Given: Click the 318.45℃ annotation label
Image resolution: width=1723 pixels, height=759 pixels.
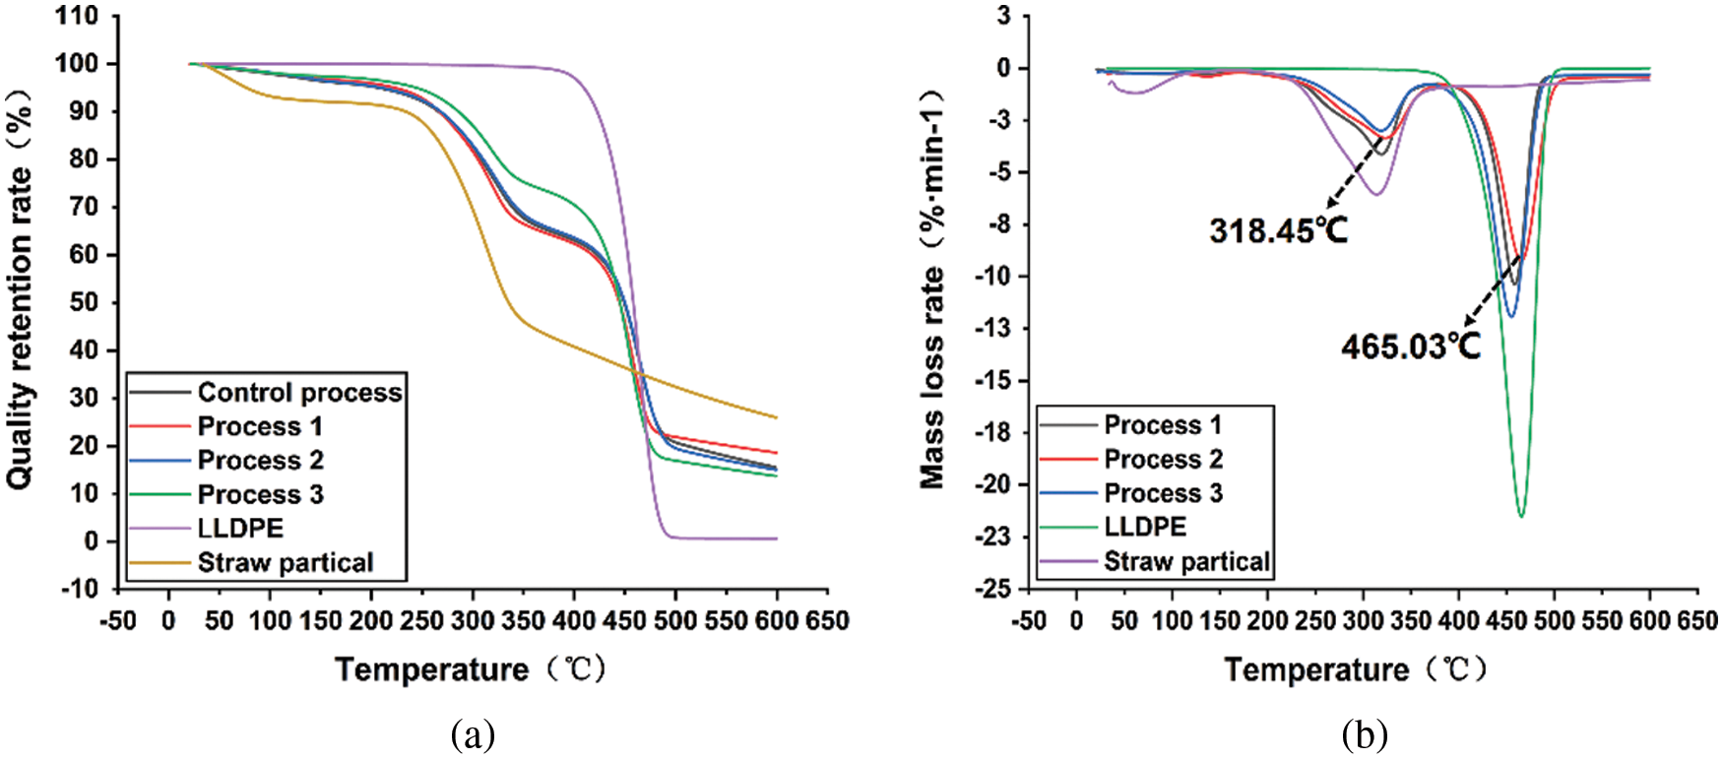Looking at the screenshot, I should click(1278, 230).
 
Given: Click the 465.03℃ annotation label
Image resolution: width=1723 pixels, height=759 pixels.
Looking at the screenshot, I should click(1410, 346).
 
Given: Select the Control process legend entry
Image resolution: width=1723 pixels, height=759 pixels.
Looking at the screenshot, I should click(299, 393).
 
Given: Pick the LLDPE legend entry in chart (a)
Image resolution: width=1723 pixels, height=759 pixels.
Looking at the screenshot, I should click(240, 529).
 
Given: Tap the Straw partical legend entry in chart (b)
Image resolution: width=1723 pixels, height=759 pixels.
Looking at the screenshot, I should click(1186, 562).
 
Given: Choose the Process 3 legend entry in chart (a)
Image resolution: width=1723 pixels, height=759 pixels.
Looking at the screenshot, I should click(260, 494).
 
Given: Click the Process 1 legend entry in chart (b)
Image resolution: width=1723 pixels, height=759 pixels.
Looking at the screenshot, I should click(1163, 425).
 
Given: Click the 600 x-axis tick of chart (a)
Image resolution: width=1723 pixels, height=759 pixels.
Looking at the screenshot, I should click(777, 621).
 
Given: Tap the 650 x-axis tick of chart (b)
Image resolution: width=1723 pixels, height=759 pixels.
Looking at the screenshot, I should click(1696, 621).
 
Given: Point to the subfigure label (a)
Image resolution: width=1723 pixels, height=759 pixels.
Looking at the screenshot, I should click(473, 734).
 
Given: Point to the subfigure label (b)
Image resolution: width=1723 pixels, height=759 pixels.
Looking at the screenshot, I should click(1365, 734).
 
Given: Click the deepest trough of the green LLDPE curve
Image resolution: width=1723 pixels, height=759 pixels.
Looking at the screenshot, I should click(1521, 516).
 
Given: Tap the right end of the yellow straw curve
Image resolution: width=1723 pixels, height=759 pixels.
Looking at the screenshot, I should click(777, 417).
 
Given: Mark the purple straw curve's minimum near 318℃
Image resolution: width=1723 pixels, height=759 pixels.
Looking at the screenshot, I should click(1377, 194).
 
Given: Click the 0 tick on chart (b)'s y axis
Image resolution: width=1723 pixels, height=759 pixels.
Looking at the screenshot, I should click(1002, 69).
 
